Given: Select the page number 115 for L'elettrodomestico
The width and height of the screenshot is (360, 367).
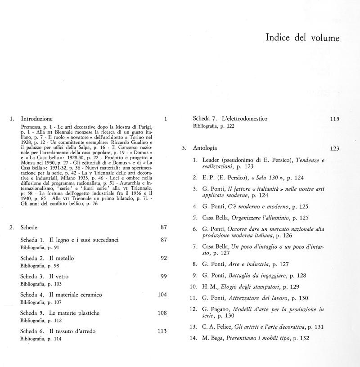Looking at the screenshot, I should (x=334, y=119).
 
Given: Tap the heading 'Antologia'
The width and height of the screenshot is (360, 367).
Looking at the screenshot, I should (x=205, y=148).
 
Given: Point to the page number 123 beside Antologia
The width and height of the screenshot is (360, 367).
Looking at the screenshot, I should (x=334, y=148).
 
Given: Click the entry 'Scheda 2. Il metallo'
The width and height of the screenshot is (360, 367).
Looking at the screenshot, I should (x=47, y=258).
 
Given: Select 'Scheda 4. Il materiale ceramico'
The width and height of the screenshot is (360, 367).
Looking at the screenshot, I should (x=61, y=295).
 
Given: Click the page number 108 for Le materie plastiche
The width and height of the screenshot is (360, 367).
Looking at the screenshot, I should (x=162, y=313).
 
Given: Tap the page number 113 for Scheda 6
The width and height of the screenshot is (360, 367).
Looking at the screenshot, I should (x=162, y=331).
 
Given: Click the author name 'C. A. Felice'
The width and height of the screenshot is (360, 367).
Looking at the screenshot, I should (x=211, y=327).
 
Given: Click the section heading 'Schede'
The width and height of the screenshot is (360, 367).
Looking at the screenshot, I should (x=29, y=227).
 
